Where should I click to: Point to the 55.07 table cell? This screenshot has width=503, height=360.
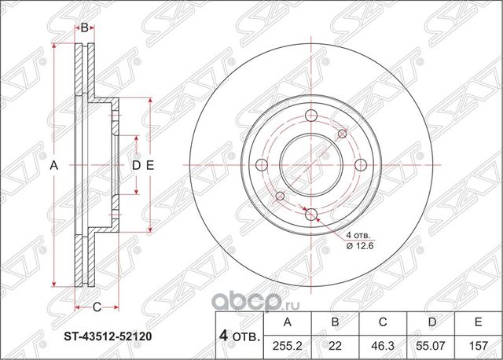[428, 345]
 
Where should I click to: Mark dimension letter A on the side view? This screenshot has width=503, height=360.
[53, 165]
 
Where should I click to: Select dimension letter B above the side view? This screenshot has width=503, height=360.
[84, 28]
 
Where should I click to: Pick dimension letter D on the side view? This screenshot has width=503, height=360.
[135, 165]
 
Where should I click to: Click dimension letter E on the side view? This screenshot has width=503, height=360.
[149, 165]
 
